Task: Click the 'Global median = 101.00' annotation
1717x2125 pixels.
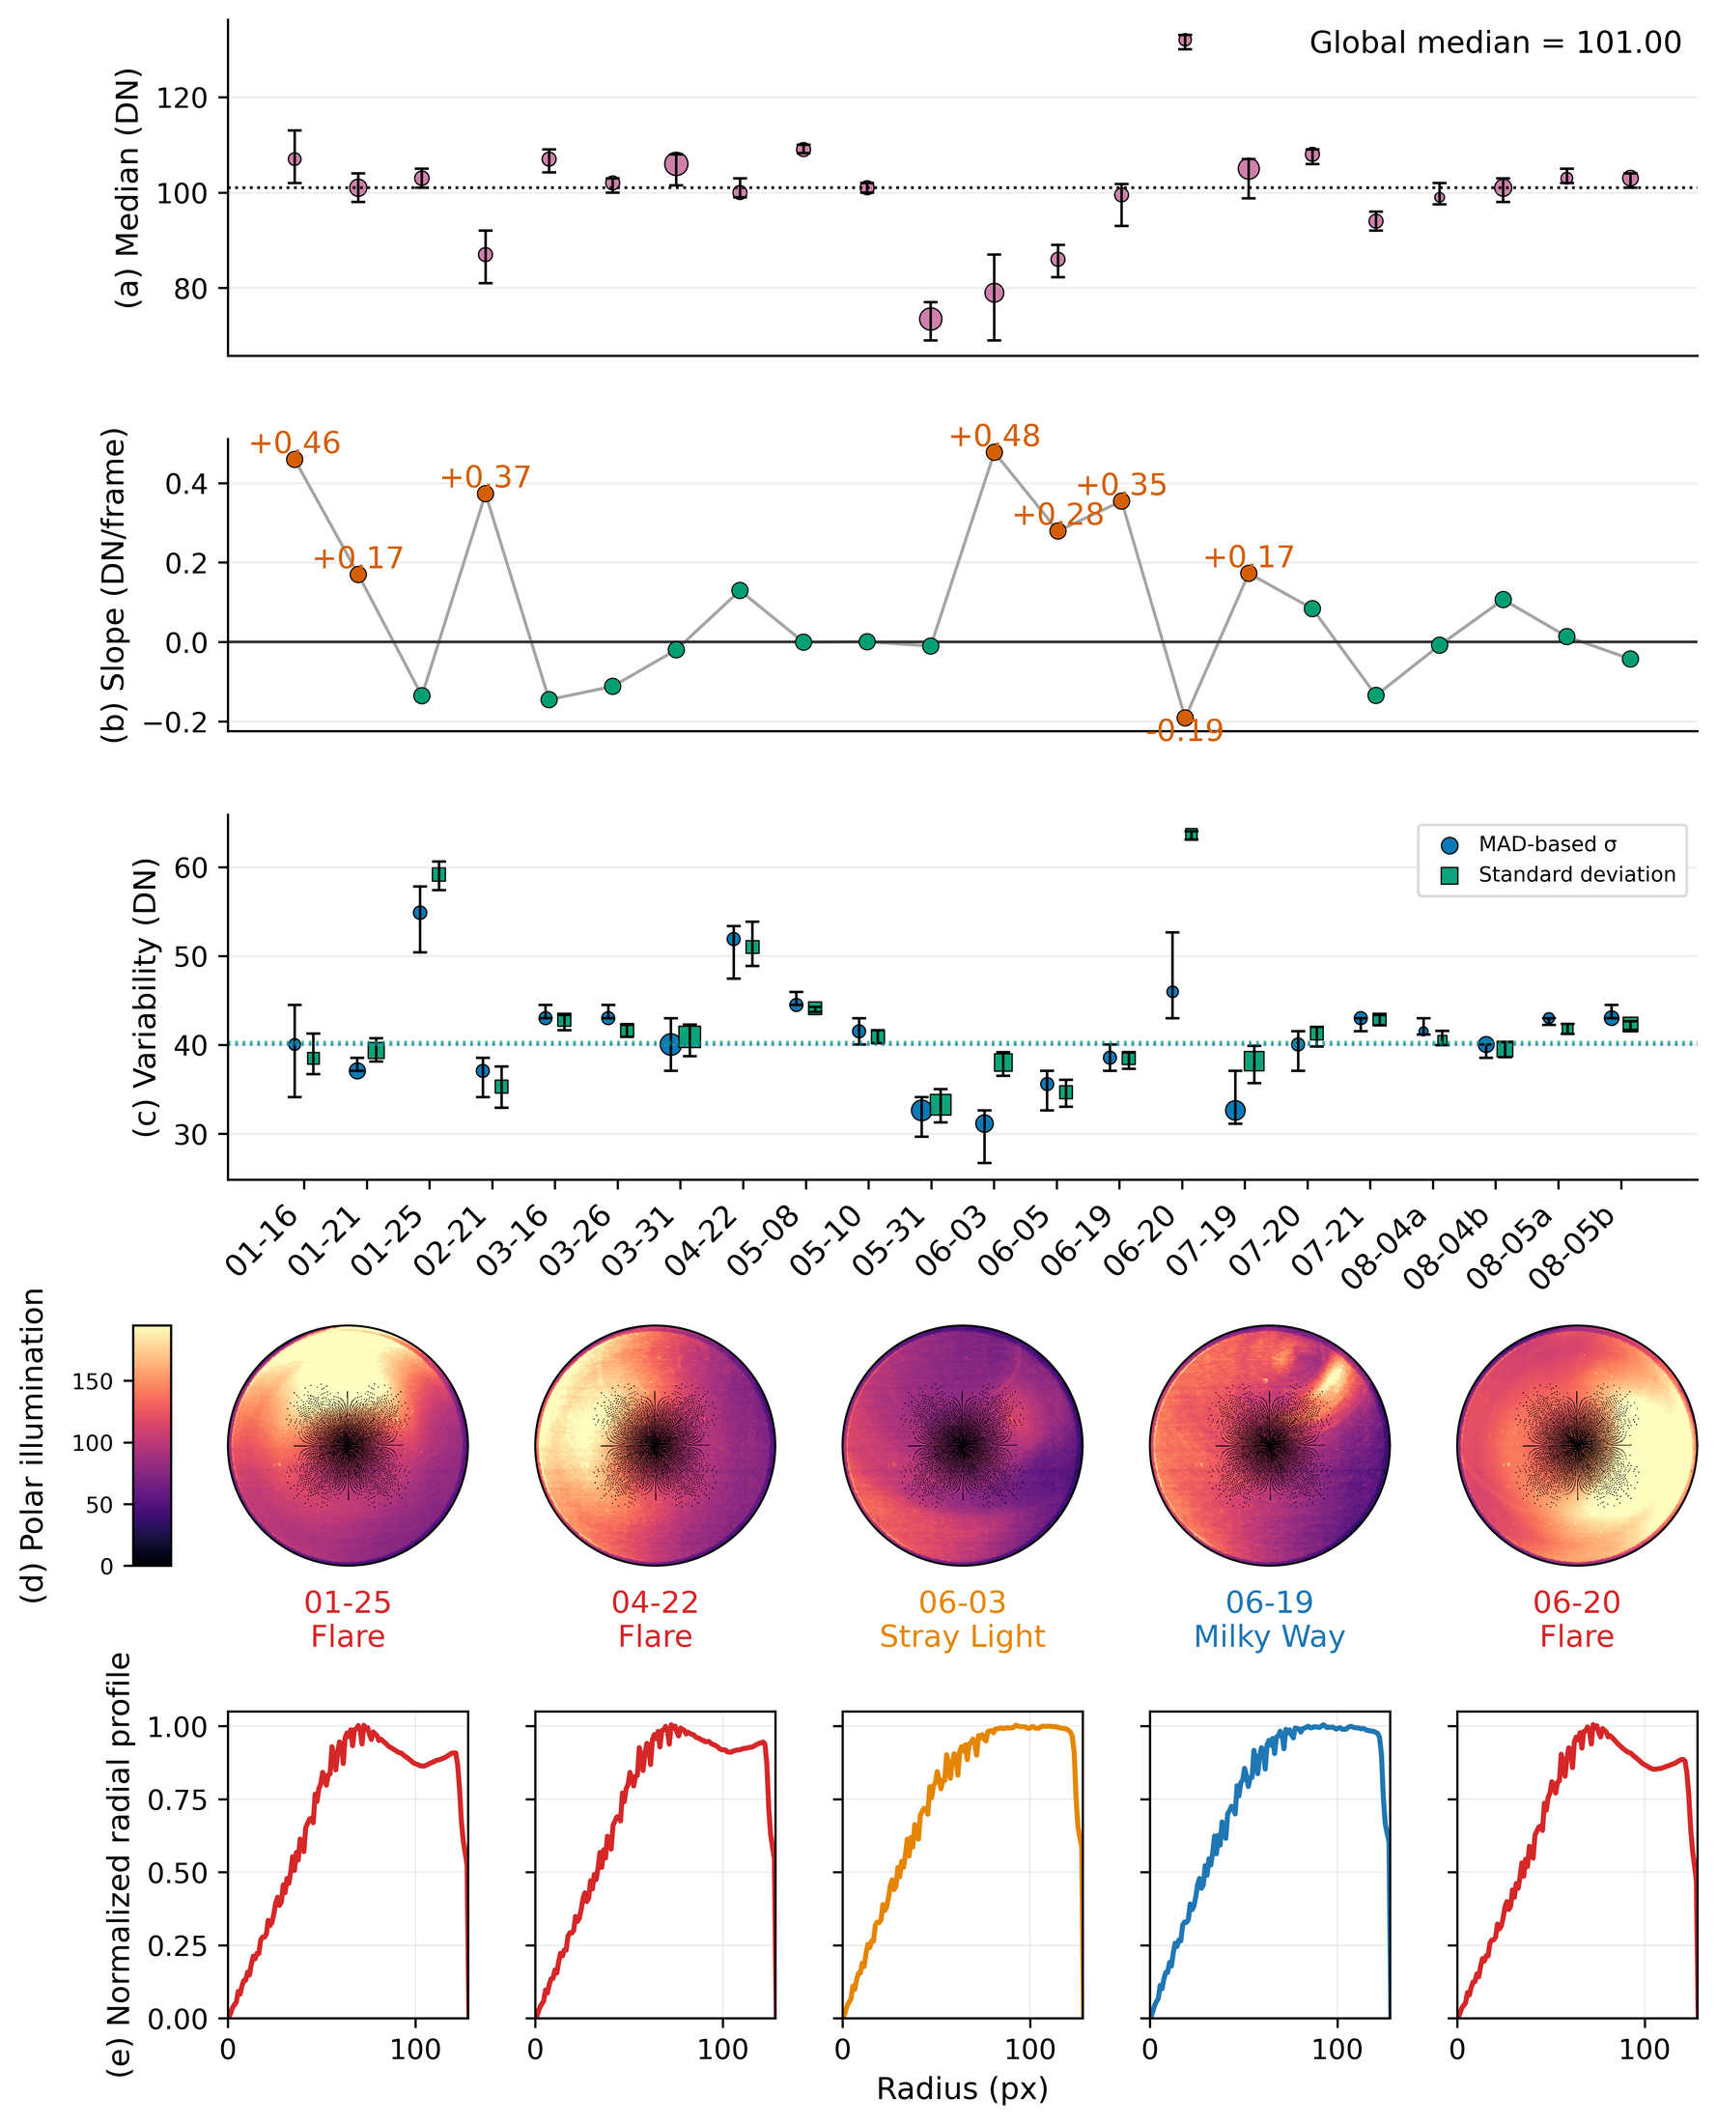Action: click(x=1495, y=42)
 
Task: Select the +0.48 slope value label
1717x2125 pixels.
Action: click(x=994, y=437)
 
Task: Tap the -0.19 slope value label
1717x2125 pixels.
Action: click(x=1185, y=731)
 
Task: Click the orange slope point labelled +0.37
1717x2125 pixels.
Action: click(x=485, y=494)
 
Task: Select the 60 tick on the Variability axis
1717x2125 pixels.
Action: click(x=196, y=867)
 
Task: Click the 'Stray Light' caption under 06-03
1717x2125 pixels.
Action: click(x=963, y=1636)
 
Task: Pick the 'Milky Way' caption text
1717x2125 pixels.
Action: click(x=1269, y=1636)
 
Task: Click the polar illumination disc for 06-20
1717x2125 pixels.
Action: click(x=1577, y=1445)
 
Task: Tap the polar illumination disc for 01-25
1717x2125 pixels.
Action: click(x=349, y=1445)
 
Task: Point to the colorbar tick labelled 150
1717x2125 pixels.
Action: click(x=92, y=1381)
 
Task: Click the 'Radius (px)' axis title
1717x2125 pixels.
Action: click(x=963, y=2088)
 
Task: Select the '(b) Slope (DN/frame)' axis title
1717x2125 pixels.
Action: click(x=115, y=584)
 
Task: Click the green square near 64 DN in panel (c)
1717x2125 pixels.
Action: click(x=1191, y=835)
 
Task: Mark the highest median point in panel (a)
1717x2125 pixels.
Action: click(x=1185, y=41)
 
